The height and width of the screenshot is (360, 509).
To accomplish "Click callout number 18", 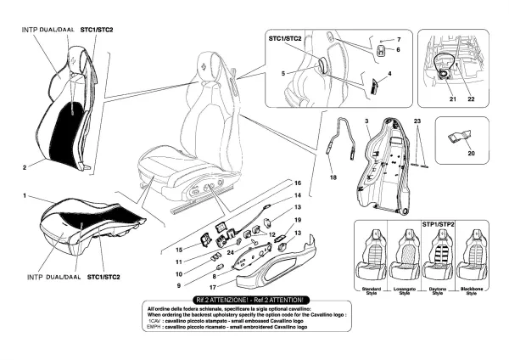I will [x=333, y=179].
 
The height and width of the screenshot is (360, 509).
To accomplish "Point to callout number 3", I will [x=366, y=123].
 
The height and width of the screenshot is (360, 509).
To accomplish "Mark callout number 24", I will [x=230, y=252].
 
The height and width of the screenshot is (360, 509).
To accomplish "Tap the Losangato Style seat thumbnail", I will [x=408, y=255].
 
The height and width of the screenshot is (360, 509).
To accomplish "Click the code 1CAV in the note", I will [x=155, y=320].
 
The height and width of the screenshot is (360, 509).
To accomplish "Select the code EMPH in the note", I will [x=155, y=327].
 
